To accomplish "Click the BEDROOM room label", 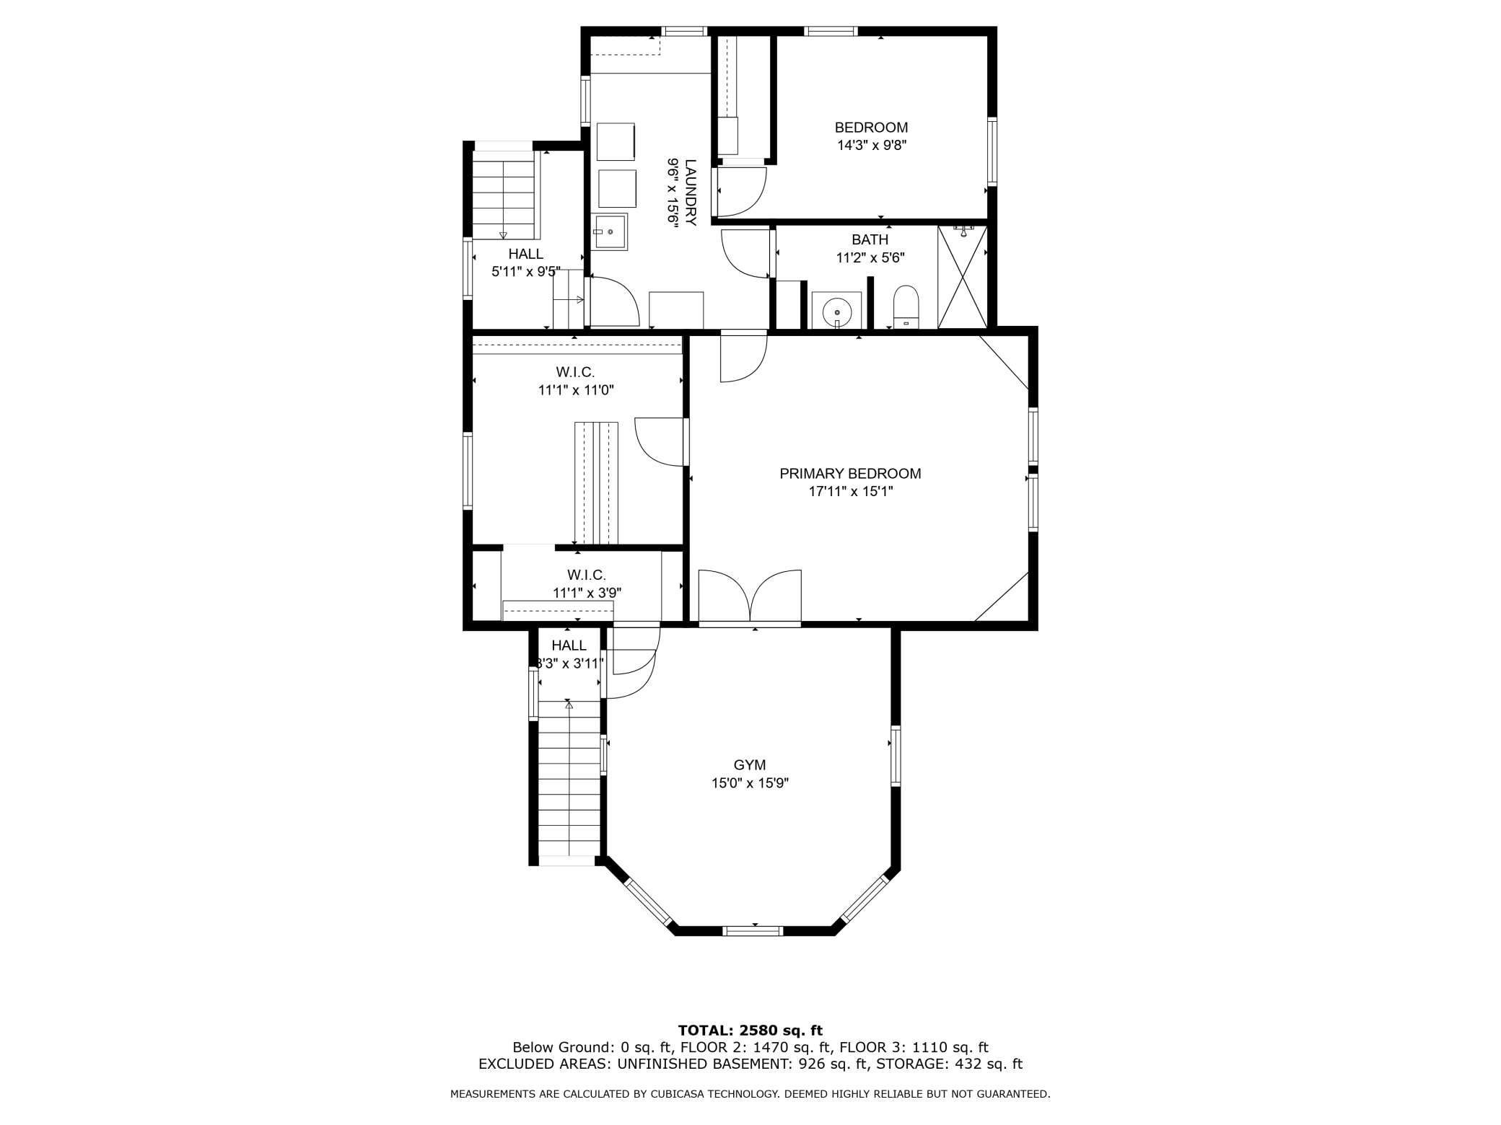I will pos(871,128).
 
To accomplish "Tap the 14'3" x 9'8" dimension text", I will pos(871,145).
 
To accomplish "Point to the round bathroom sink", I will pos(837,311).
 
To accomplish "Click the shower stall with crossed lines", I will pos(962,278).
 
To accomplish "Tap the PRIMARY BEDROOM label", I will pos(850,474).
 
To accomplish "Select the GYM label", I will pos(749,765).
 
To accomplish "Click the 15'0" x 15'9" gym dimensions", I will pos(750,783).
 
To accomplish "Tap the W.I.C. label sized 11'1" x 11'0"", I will pos(575,372).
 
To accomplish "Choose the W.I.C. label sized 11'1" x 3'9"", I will pos(586,575).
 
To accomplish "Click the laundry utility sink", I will pos(610,231).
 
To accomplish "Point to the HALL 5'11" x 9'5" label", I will pos(525,254).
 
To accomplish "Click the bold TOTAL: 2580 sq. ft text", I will pos(750,1031).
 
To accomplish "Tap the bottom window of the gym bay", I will pos(753,931).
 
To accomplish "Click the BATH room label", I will pos(870,239).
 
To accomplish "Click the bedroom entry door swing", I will pos(741,191).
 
